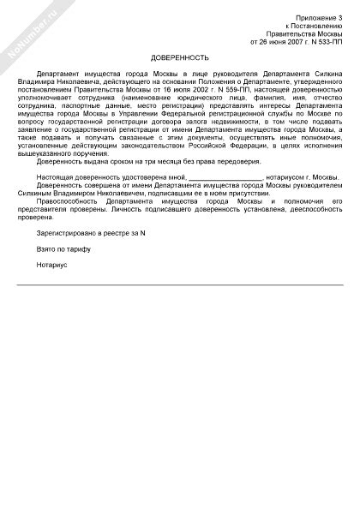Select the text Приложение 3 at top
(x=317, y=17)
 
